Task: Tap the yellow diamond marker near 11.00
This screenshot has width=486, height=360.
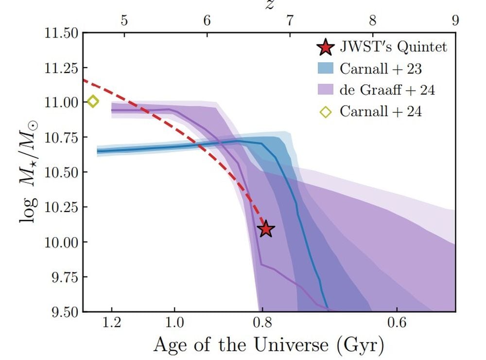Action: tap(93, 102)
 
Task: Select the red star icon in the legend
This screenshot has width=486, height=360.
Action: tap(325, 47)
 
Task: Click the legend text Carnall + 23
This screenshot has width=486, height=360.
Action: tap(381, 69)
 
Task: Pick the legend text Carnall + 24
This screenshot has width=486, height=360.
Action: tap(381, 111)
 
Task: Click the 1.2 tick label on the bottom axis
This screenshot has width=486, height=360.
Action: tap(112, 323)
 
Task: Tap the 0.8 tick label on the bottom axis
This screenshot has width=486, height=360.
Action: tap(262, 323)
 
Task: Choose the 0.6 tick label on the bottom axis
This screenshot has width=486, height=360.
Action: tap(397, 323)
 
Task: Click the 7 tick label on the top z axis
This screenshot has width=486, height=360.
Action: tap(290, 20)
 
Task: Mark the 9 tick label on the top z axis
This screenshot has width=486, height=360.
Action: tap(455, 20)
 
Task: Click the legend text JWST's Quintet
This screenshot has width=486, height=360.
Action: tap(393, 47)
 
